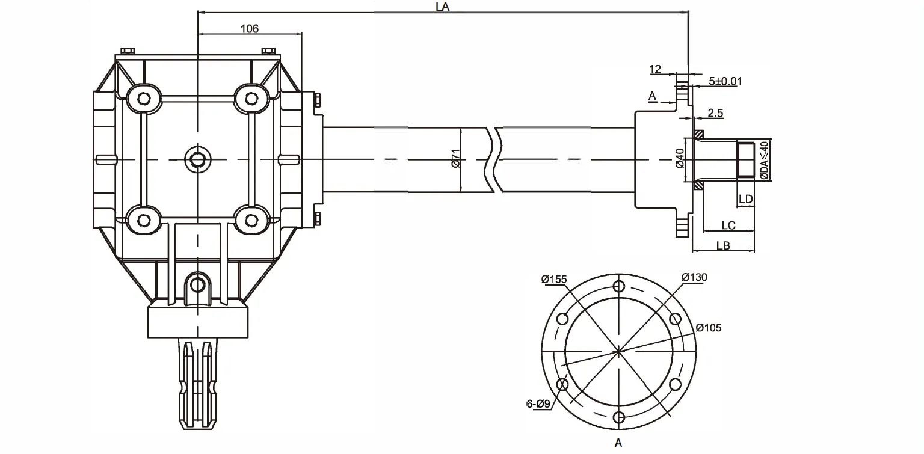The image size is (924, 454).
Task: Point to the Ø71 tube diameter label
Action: [455, 160]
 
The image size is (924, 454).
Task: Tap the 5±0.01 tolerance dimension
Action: [724, 81]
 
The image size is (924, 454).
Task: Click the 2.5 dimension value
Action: [716, 112]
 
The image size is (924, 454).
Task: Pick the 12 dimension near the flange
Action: [655, 69]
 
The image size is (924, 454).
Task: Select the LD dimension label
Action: [746, 199]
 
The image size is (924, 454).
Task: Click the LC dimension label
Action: [728, 225]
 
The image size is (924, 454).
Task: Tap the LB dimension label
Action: [724, 246]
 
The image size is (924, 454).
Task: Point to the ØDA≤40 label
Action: [763, 160]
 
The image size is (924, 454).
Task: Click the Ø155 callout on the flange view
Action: [554, 278]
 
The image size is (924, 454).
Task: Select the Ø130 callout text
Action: [694, 277]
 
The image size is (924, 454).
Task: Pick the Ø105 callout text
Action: [708, 328]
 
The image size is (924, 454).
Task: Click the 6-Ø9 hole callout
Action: [538, 405]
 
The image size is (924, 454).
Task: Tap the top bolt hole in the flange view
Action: [619, 286]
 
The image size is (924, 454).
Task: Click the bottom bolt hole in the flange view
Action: [619, 417]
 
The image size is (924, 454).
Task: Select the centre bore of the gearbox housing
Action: [197, 159]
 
